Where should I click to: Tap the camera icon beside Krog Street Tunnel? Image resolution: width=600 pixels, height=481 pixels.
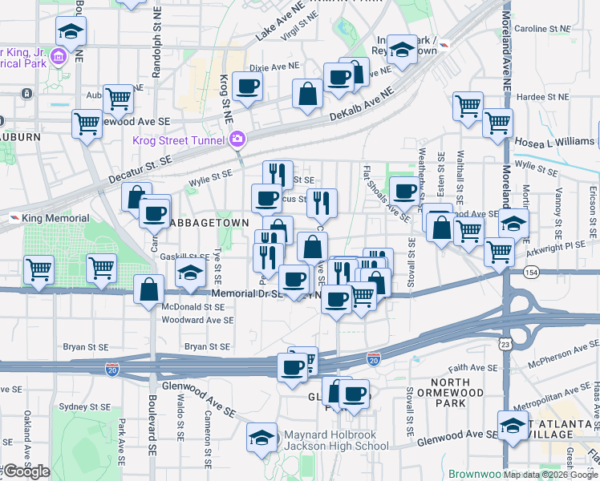point(237,141)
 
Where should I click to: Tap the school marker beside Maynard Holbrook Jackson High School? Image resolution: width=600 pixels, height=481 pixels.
point(261,437)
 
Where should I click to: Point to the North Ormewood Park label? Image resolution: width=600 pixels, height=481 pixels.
point(457,392)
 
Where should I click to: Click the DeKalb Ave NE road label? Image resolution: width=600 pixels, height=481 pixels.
point(363,105)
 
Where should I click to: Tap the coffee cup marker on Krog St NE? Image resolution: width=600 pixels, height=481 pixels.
point(248,87)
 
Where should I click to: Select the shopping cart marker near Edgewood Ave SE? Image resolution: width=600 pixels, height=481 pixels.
point(87,124)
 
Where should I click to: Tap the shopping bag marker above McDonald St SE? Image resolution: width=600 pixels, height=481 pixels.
point(150,289)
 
